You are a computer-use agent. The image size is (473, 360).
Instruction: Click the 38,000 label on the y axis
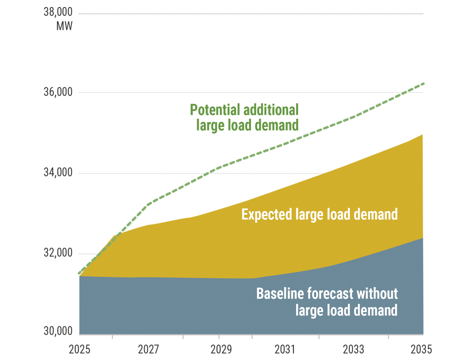pos(58,13)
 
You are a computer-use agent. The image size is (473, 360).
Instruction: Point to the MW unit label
pos(64,26)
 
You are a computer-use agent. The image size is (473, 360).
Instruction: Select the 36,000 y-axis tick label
pos(58,92)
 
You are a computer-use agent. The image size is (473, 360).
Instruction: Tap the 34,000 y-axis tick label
pos(58,173)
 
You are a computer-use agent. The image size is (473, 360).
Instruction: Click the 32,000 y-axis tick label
pos(58,254)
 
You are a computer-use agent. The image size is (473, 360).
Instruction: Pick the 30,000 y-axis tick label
pos(58,332)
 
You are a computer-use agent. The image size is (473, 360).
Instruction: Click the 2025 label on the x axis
pos(80,349)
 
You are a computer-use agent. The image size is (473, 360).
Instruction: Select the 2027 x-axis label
pos(148,349)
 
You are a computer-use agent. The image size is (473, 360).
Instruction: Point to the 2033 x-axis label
pos(354,349)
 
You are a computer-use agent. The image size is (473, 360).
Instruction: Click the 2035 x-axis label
pos(422,349)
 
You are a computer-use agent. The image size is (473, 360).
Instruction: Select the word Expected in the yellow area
pos(267,214)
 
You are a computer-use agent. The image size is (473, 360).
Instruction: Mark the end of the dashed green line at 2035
pos(423,84)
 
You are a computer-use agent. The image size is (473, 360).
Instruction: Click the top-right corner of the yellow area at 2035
pos(423,135)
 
